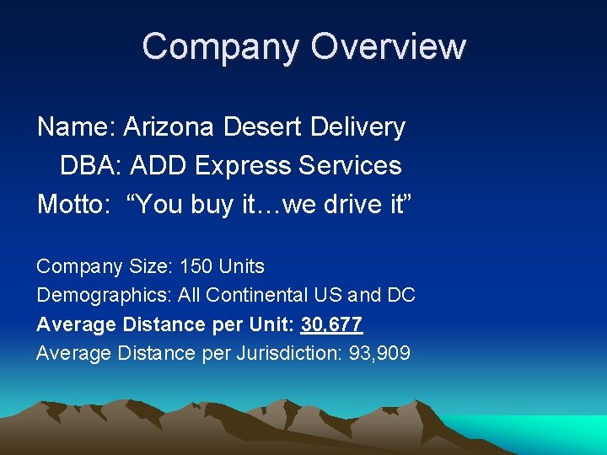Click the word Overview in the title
(x=389, y=47)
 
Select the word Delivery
(x=357, y=128)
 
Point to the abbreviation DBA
(x=89, y=165)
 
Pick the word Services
(x=350, y=165)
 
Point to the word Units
(x=241, y=267)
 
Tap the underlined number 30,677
(x=331, y=324)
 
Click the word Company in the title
(x=220, y=47)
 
